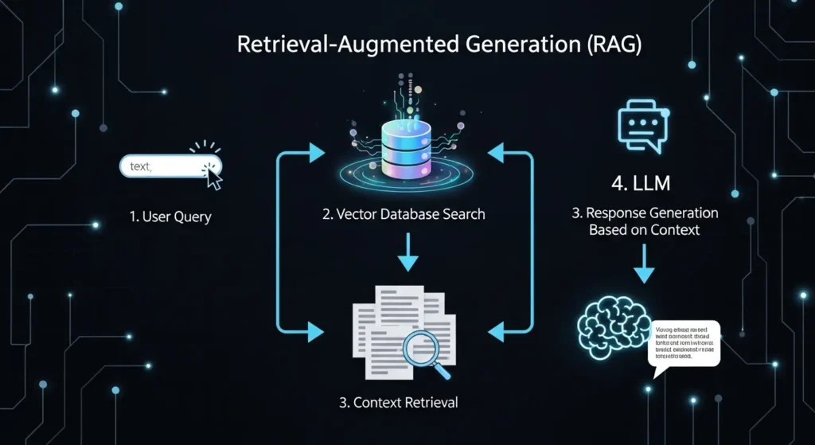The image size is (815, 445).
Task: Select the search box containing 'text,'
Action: pyautogui.click(x=163, y=166)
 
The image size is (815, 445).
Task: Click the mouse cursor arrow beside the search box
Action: pyautogui.click(x=213, y=176)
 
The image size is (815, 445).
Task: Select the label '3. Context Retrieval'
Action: pyautogui.click(x=399, y=402)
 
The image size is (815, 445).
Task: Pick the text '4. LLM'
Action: pyautogui.click(x=641, y=185)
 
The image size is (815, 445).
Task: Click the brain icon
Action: pyautogui.click(x=612, y=330)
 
